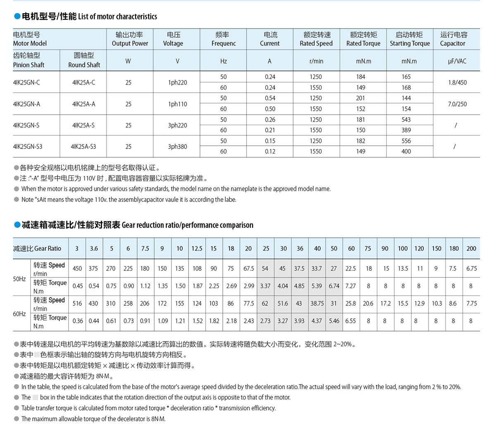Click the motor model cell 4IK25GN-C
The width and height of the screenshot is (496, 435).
[26, 82]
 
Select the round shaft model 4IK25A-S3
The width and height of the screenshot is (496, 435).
[83, 147]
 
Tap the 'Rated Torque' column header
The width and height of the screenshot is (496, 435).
[363, 39]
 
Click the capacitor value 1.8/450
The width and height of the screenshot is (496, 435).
[457, 82]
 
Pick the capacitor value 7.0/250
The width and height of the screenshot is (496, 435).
[457, 104]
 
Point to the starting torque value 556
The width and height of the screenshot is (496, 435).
[406, 141]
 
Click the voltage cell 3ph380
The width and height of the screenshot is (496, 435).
[177, 147]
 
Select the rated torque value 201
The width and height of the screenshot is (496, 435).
[360, 98]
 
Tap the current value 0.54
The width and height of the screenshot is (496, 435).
[270, 98]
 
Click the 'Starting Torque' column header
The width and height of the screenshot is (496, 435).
[410, 39]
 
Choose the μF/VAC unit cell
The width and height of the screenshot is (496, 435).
[457, 61]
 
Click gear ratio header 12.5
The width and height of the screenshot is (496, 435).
[197, 248]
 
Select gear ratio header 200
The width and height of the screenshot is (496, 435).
[471, 248]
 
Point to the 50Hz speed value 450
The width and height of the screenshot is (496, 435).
[77, 268]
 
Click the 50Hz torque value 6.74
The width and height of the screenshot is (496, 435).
[334, 286]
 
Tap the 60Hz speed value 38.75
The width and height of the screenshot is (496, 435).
[317, 303]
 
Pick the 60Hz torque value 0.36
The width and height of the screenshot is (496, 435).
[77, 321]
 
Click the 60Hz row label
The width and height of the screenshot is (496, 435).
[19, 314]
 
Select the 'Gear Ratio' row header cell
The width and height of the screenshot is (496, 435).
[37, 248]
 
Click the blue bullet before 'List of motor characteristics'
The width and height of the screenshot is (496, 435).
[17, 17]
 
